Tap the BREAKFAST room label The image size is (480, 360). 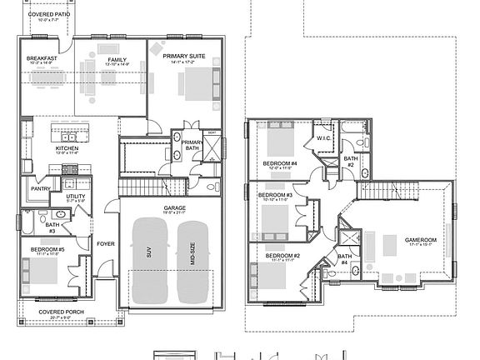tap(42, 58)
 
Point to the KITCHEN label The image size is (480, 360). tap(67, 148)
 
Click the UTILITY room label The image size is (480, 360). tap(76, 196)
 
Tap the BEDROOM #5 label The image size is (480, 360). tap(47, 249)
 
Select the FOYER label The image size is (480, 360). tap(105, 244)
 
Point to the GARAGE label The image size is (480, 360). tap(174, 207)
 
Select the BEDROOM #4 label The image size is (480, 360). tap(279, 162)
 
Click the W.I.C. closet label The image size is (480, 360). tap(323, 137)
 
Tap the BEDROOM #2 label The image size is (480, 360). tap(284, 256)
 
